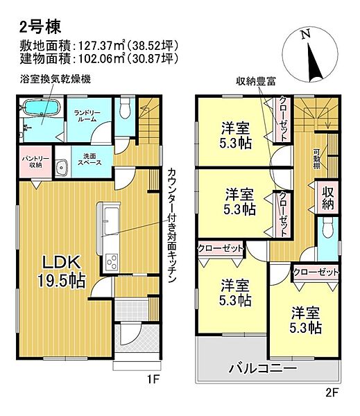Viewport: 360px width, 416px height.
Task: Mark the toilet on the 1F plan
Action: point(126,108)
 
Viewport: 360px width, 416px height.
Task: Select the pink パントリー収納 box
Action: point(32,161)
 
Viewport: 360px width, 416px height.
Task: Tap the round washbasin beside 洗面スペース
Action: point(60,166)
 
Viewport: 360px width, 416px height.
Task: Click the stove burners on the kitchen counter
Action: point(111,262)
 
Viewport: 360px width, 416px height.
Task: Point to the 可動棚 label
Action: point(316,160)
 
